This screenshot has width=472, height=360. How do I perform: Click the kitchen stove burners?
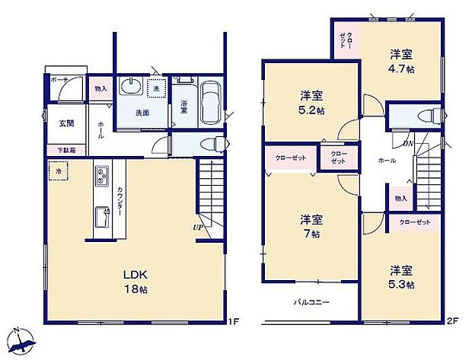(x=101, y=177)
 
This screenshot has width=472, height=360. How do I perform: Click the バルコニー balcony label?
(x=311, y=302)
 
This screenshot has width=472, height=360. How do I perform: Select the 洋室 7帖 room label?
(x=311, y=226)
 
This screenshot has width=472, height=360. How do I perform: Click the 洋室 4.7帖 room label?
(x=402, y=61)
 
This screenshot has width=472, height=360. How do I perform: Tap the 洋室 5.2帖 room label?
(x=311, y=103)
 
